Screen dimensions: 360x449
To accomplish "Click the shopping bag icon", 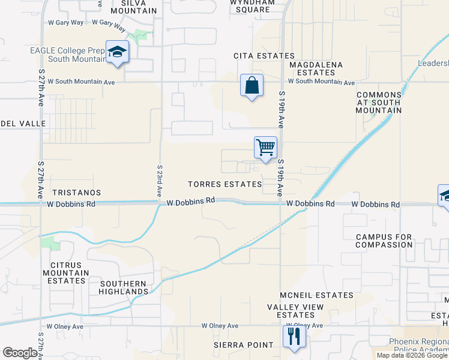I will [252, 85].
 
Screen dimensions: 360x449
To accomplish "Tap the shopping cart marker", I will [265, 147].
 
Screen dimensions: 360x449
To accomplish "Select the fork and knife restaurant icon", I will [294, 335].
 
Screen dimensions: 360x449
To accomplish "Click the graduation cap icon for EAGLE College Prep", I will [117, 52].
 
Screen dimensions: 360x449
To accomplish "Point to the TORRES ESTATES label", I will [224, 184].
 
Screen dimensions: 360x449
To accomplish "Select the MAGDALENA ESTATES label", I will [316, 68].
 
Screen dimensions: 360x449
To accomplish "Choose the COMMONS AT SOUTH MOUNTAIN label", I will [379, 103].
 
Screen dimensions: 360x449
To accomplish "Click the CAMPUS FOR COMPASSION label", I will [384, 241].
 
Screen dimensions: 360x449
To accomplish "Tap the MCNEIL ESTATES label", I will [316, 295].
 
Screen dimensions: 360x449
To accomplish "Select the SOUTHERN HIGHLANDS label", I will [124, 287].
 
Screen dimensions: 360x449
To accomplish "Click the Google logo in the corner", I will [20, 352].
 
